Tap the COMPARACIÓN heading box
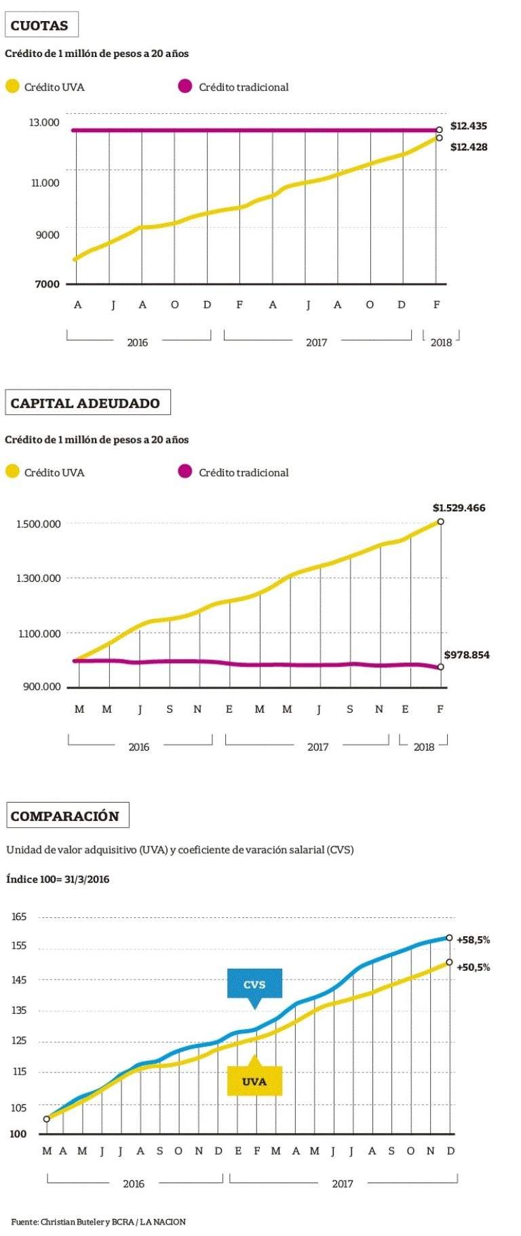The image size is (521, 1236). (66, 816)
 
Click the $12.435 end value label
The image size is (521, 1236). (469, 126)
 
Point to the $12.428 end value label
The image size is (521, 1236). (469, 147)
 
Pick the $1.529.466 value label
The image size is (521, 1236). (459, 508)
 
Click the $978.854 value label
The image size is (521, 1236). (467, 655)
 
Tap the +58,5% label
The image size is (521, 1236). (473, 940)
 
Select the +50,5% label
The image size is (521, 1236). (473, 968)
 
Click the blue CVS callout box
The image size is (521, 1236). (254, 984)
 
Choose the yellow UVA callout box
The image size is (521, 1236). (254, 1081)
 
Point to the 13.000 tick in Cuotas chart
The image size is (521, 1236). (44, 123)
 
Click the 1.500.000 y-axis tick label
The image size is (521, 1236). (39, 524)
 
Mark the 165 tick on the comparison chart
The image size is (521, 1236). (19, 917)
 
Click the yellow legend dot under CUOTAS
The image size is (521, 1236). (12, 87)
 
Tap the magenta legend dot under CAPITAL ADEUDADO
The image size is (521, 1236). (185, 472)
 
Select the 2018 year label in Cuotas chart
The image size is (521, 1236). (441, 342)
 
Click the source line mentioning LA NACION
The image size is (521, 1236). (98, 1222)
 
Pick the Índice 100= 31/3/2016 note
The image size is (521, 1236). (58, 879)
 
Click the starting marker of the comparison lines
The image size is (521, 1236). (47, 1119)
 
